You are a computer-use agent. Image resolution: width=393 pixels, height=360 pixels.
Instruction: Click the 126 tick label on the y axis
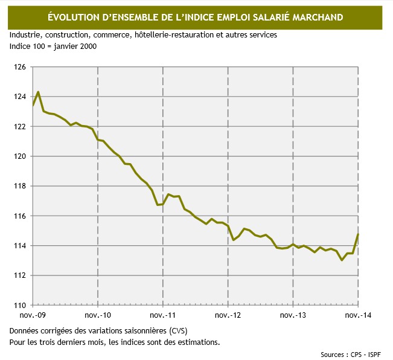(19, 67)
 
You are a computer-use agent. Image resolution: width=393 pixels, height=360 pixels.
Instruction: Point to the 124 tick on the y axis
(19, 97)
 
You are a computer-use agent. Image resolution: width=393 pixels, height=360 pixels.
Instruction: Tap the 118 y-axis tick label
(19, 186)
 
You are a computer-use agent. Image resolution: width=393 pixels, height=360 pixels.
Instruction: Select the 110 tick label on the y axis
(19, 305)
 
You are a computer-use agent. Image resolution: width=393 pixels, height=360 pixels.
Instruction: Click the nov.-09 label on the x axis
(32, 315)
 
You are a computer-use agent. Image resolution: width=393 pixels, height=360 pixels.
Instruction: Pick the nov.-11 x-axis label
(162, 315)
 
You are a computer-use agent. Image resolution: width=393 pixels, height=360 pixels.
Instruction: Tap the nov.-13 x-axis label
(293, 315)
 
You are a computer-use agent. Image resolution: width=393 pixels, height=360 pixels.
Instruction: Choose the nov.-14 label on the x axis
(359, 315)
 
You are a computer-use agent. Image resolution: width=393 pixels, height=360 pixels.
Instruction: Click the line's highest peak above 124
(39, 92)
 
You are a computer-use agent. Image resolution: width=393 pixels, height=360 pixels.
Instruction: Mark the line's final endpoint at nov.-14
(359, 234)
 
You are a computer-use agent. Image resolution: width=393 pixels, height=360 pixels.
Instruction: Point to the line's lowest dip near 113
(342, 260)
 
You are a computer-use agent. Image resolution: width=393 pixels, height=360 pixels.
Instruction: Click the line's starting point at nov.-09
(33, 106)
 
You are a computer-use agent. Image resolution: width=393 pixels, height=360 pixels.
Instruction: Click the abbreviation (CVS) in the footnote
(179, 332)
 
